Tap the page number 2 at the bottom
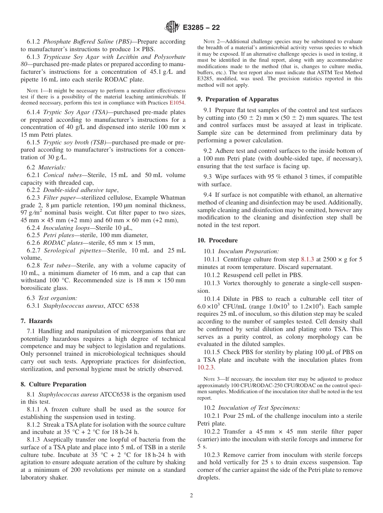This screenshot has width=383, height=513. (x=191, y=496)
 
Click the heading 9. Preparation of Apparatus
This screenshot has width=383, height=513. (x=238, y=99)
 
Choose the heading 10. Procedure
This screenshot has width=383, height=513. (x=217, y=240)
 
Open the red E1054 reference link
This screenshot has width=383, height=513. (x=177, y=103)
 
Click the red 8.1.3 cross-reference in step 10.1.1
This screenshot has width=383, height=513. (x=308, y=259)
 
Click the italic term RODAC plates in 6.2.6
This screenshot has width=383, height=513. (x=61, y=243)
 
